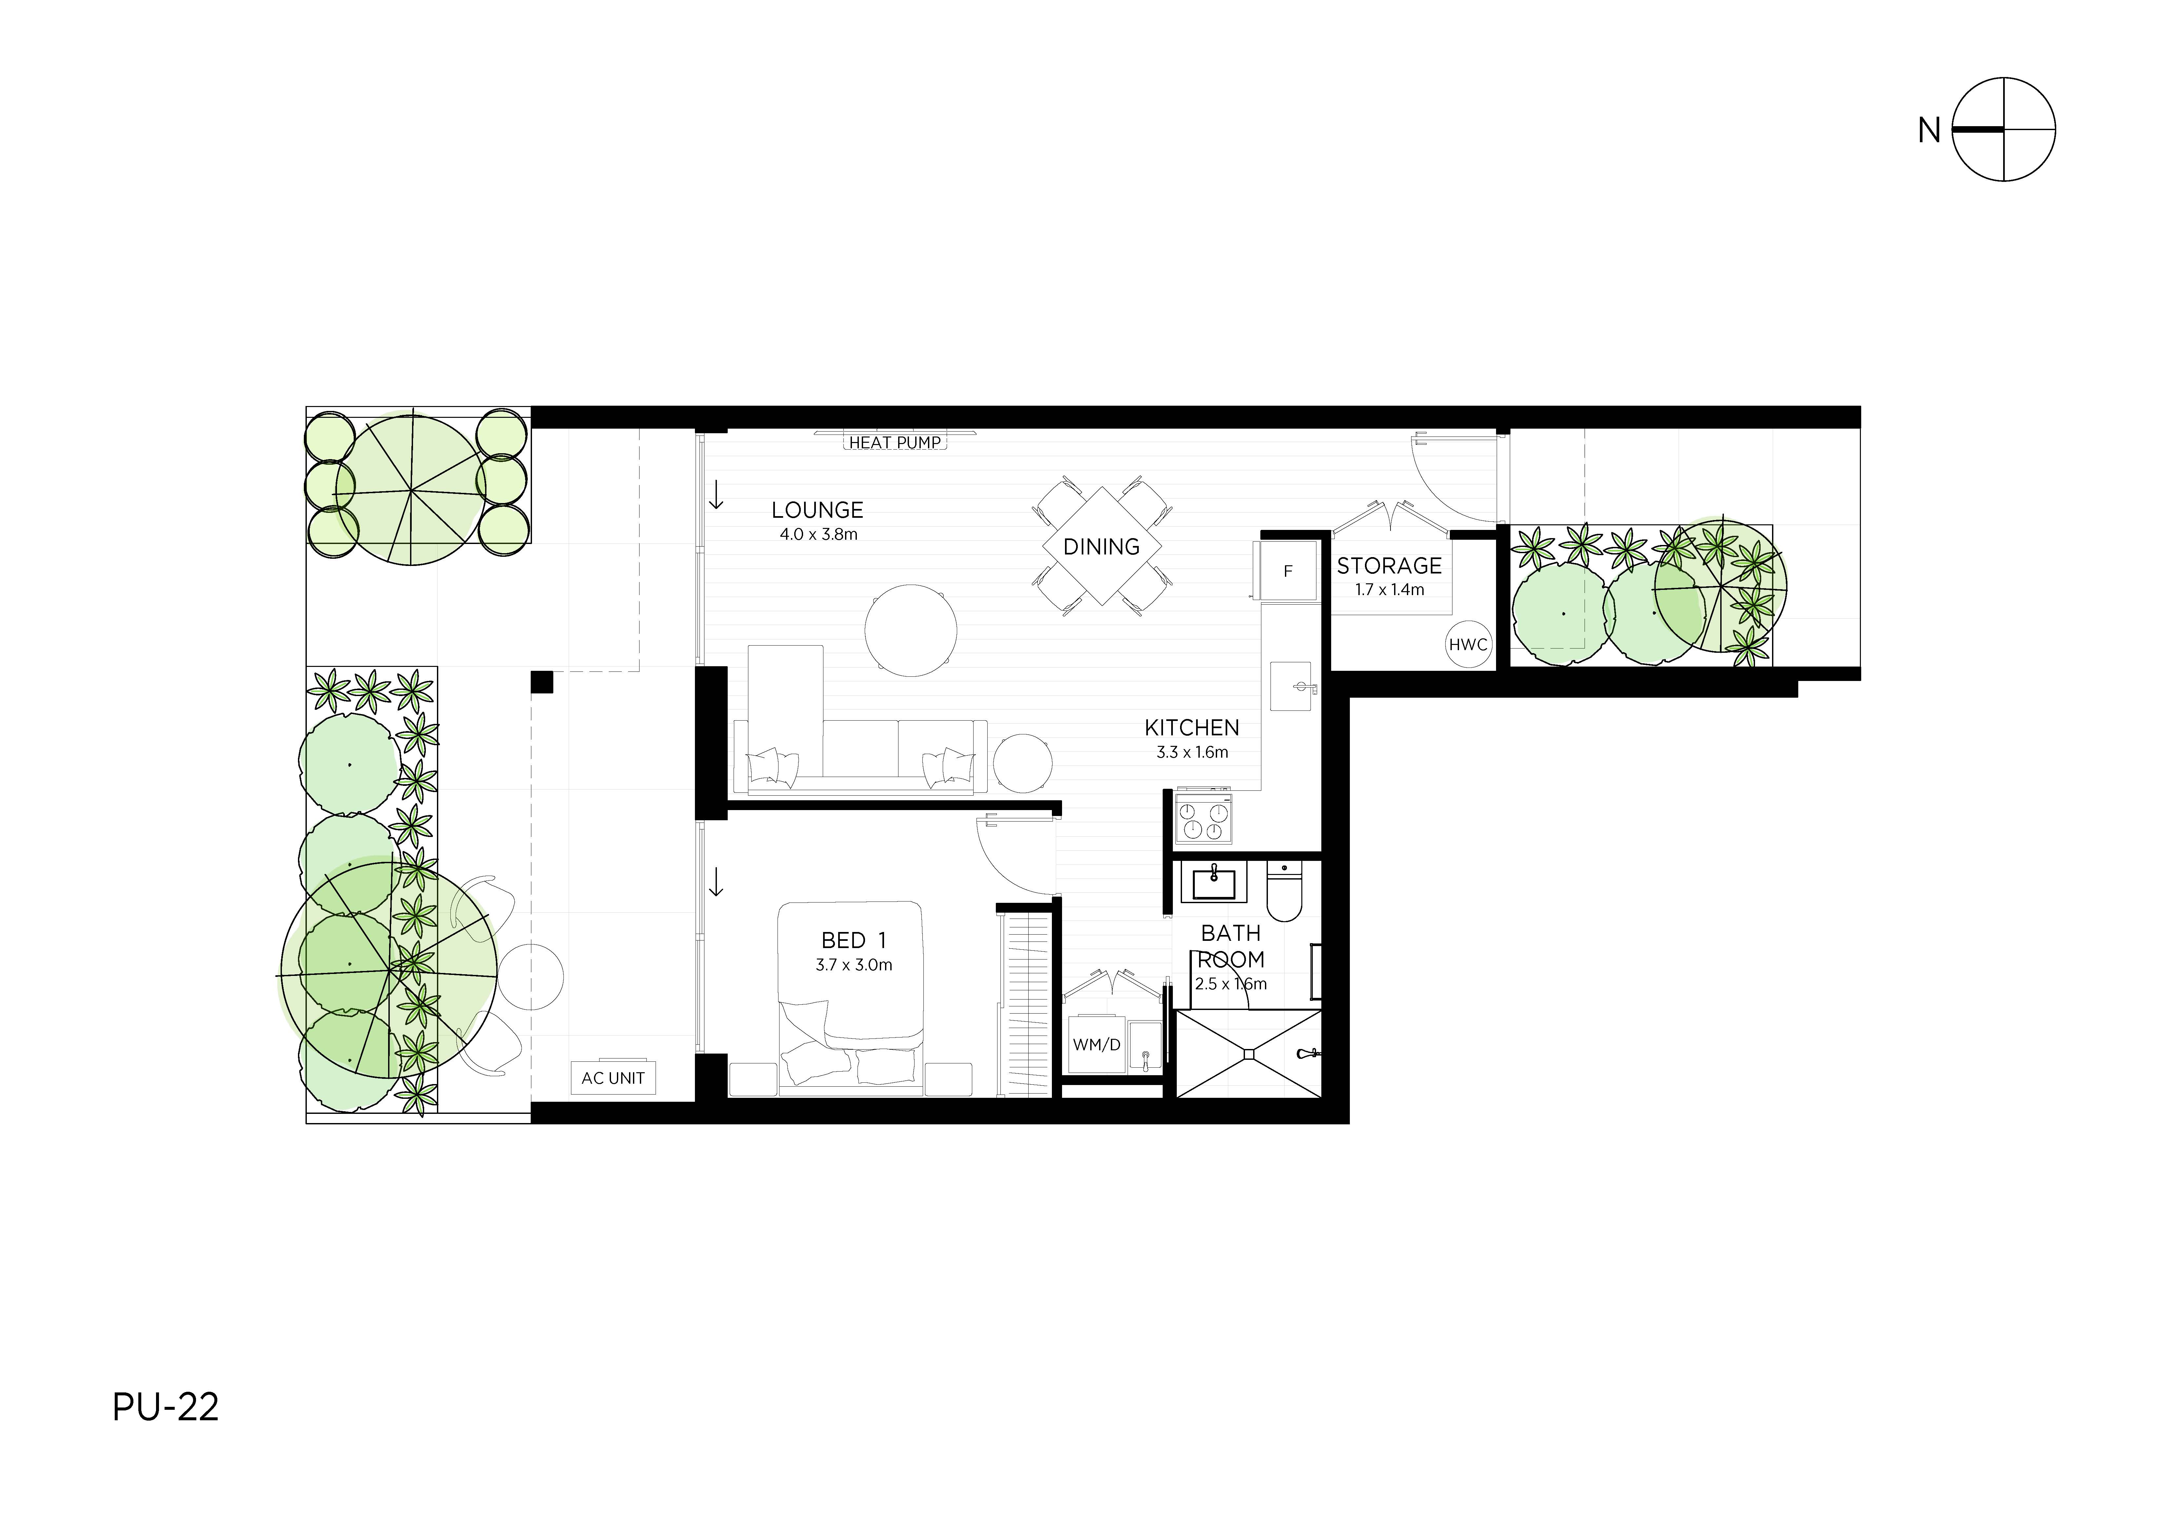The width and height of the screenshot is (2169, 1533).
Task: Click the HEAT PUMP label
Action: pos(895,442)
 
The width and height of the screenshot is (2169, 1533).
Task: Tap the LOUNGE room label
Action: pos(817,510)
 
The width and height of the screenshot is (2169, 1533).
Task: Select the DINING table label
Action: pos(1101,547)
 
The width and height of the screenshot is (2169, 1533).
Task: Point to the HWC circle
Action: pos(1468,645)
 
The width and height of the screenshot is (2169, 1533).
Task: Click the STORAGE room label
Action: pos(1389,566)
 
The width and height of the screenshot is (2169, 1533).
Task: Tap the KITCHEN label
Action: pos(1191,727)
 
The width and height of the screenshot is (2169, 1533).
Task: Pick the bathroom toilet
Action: pos(1284,893)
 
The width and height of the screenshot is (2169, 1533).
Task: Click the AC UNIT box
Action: pos(613,1078)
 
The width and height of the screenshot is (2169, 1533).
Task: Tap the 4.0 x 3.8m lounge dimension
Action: pos(818,534)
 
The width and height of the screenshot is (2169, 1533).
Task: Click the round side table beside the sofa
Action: pos(1022,763)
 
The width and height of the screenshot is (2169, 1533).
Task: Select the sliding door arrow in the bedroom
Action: pos(716,882)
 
